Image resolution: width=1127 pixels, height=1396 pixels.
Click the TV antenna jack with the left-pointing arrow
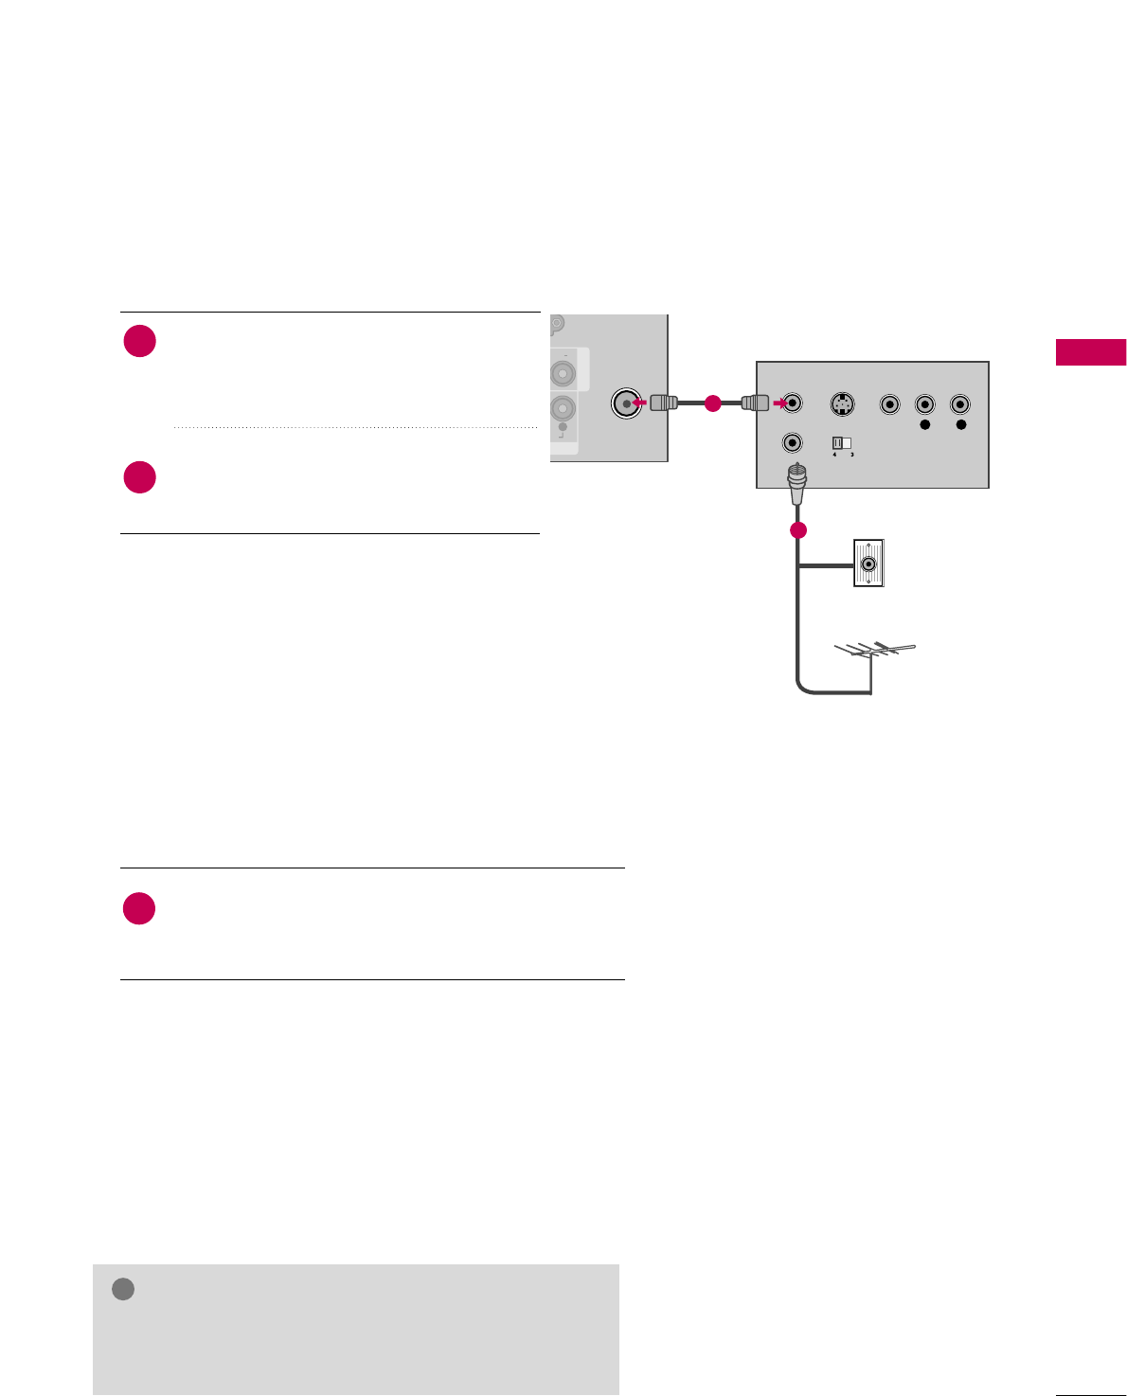(x=625, y=403)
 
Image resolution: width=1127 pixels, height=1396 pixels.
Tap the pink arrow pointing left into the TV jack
(x=639, y=403)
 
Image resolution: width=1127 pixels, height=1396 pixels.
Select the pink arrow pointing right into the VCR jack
(x=778, y=403)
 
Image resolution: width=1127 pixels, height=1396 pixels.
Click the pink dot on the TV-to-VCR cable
(x=713, y=403)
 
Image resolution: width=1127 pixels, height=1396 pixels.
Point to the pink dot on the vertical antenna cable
(x=798, y=530)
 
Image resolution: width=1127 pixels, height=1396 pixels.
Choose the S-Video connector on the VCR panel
(x=842, y=404)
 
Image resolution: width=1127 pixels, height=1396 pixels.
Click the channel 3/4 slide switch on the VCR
(x=842, y=442)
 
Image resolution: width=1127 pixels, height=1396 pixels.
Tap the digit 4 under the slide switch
(x=834, y=455)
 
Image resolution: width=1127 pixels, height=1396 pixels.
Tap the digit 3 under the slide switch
(x=852, y=455)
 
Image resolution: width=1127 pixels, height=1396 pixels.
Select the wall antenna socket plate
(x=868, y=564)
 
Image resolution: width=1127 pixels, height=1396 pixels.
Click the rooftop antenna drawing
(x=875, y=653)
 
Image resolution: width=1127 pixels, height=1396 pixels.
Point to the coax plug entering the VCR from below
(x=797, y=482)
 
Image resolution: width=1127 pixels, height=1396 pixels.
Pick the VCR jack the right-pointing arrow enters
(x=793, y=404)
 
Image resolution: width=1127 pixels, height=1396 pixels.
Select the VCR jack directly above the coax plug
(x=793, y=442)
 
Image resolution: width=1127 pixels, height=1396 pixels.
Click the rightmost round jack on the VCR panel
(x=960, y=404)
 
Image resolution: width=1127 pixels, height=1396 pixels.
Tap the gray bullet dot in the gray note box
(x=123, y=1289)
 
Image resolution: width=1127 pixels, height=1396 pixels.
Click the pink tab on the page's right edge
(x=1091, y=351)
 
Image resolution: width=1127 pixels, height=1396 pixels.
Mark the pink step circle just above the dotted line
(x=140, y=341)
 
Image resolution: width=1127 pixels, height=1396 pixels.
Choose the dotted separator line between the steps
(x=356, y=427)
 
